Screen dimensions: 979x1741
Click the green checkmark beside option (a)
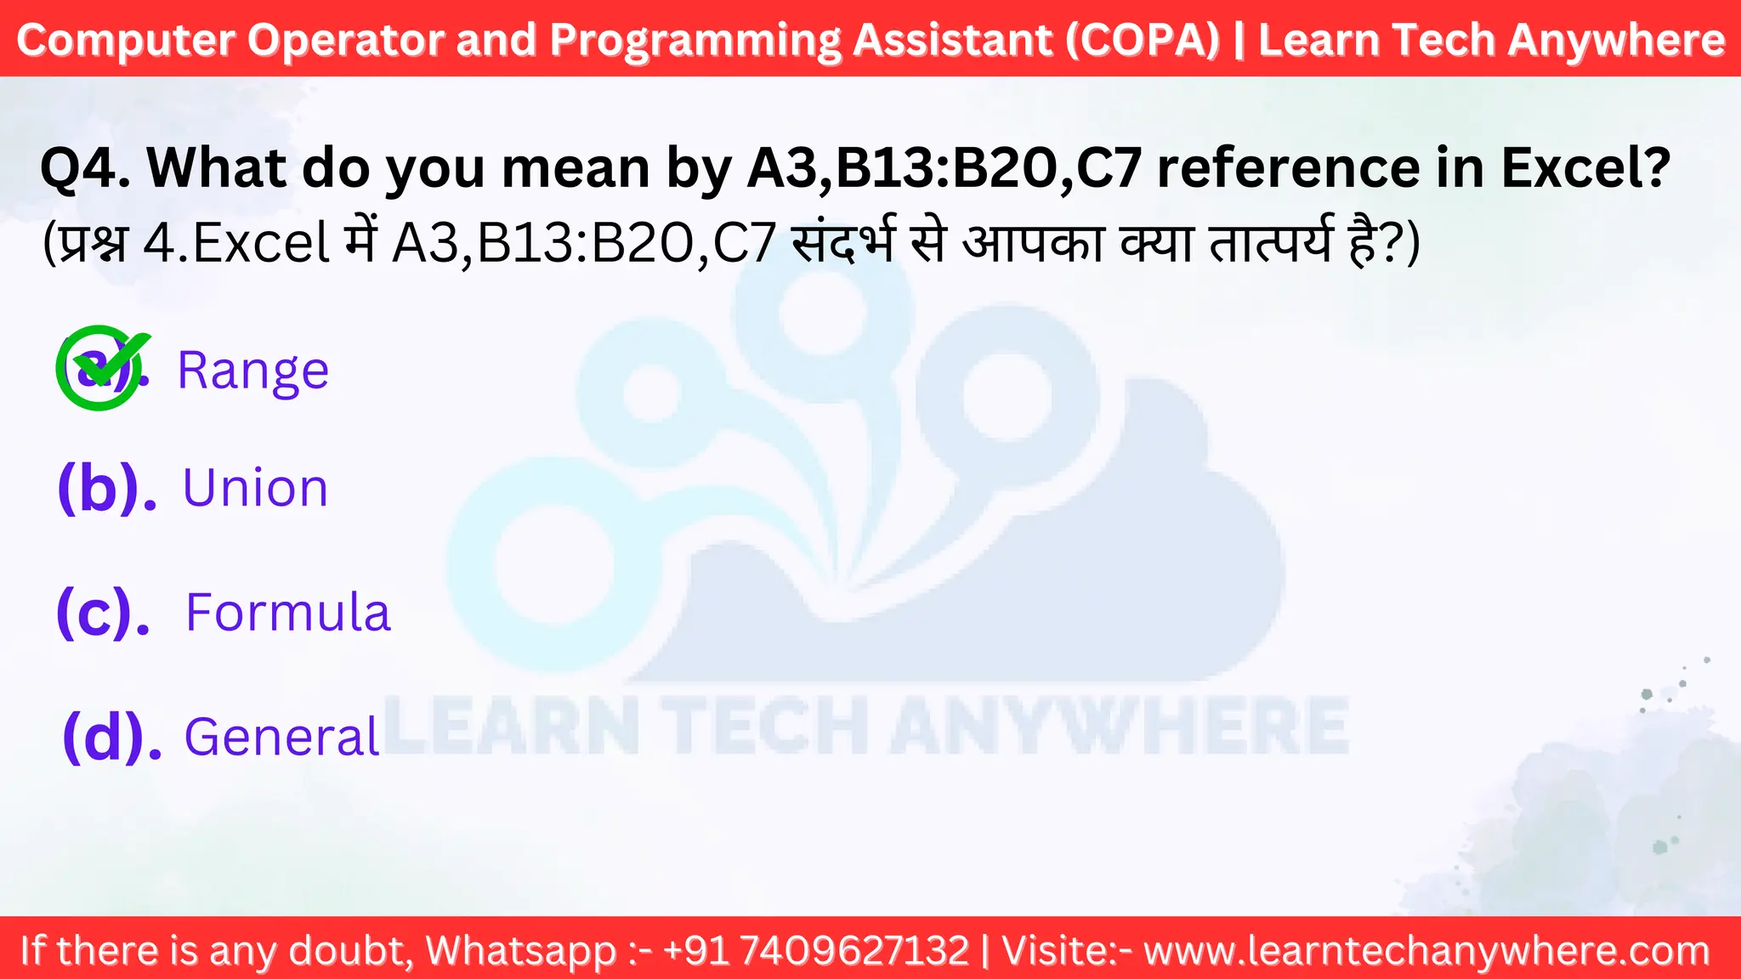[102, 367]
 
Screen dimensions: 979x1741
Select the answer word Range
[252, 371]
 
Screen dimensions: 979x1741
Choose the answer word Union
[255, 489]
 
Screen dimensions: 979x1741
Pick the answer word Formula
[287, 612]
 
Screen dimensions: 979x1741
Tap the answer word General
[281, 736]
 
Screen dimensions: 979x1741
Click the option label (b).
[106, 489]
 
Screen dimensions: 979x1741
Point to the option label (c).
[103, 612]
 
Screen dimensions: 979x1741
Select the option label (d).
[111, 736]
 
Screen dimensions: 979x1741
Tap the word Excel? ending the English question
[1585, 168]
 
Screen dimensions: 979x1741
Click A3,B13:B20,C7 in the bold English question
[944, 168]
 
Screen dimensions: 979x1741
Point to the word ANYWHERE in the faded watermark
[1119, 725]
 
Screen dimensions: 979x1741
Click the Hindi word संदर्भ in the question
[842, 244]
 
